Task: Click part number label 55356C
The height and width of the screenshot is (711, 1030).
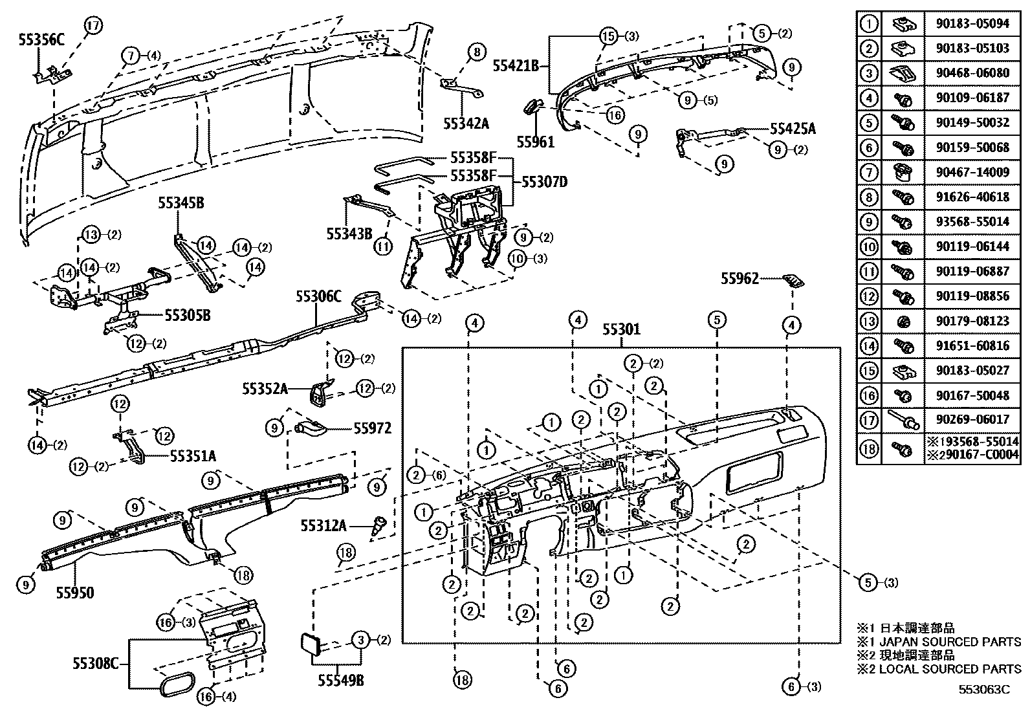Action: click(x=42, y=38)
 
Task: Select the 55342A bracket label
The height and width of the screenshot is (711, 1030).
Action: click(x=466, y=122)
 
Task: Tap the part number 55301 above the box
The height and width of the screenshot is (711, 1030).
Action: click(x=621, y=330)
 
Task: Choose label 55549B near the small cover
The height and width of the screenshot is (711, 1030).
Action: click(x=340, y=680)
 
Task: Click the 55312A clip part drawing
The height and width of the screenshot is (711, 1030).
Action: click(x=380, y=525)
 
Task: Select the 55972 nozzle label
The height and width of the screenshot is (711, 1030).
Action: click(x=372, y=428)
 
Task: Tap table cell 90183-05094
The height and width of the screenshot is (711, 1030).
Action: click(x=972, y=24)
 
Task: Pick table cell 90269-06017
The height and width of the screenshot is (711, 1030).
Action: click(x=972, y=420)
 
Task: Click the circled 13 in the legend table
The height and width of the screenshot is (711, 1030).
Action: click(x=869, y=320)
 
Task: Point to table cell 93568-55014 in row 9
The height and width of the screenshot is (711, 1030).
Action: click(x=972, y=222)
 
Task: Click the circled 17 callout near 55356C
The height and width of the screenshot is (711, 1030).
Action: click(x=93, y=26)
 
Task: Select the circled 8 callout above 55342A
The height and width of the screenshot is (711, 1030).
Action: click(x=476, y=52)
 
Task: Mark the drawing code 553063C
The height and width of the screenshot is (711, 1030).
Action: click(x=984, y=690)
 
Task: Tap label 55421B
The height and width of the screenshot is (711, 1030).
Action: click(x=516, y=65)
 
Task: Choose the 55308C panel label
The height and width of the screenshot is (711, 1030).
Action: click(x=95, y=664)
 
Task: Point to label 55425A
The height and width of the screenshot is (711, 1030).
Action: click(x=793, y=129)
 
